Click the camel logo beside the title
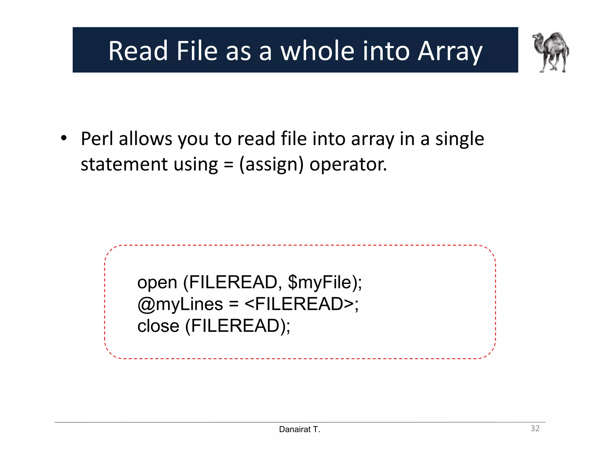[551, 52]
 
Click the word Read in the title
[138, 51]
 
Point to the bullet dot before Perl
[64, 138]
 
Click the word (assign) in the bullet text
[271, 164]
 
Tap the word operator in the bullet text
[348, 164]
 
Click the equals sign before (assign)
[228, 165]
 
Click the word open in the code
[157, 283]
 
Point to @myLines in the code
[180, 304]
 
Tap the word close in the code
[158, 326]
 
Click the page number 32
[535, 428]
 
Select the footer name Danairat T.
[299, 429]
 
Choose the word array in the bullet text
[372, 139]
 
